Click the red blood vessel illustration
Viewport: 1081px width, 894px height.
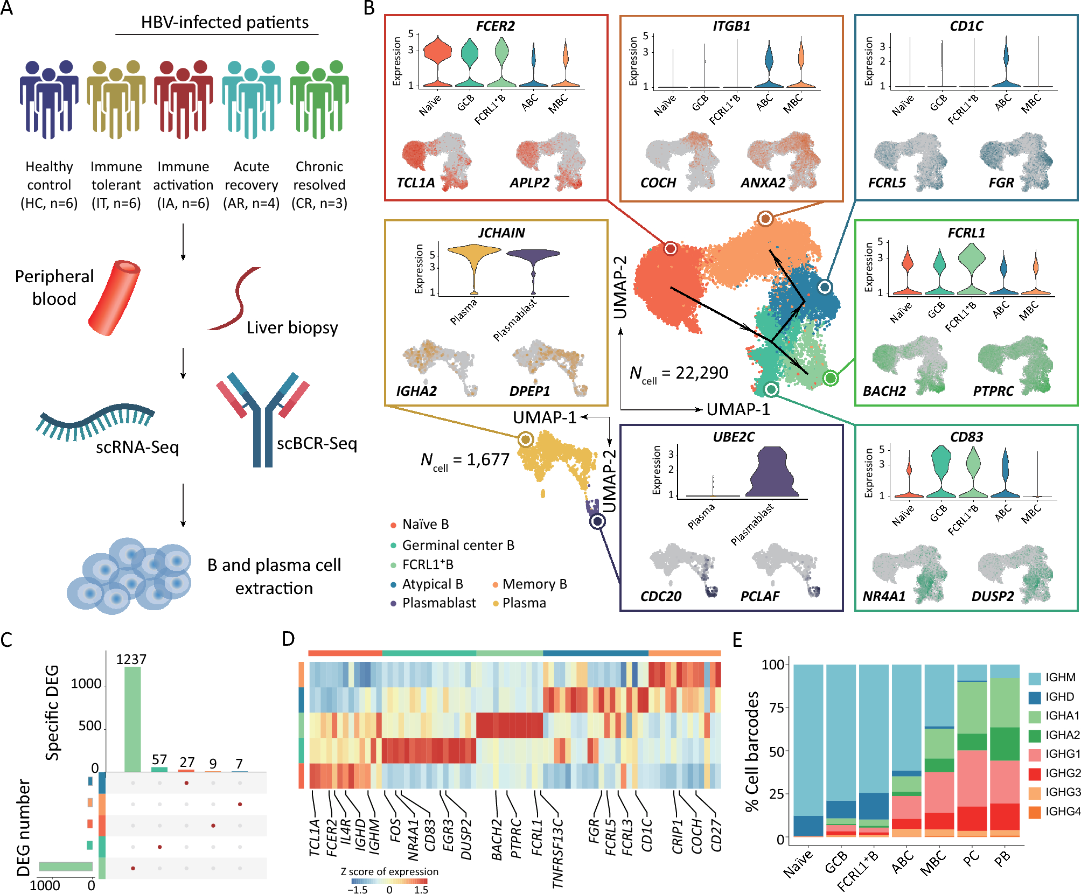[x=114, y=298]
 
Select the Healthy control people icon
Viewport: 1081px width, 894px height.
[x=49, y=100]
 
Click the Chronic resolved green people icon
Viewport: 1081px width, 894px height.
[x=319, y=100]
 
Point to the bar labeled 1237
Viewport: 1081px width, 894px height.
[x=132, y=718]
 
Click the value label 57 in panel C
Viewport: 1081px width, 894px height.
[x=159, y=759]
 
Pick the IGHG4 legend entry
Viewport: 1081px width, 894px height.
[x=1055, y=812]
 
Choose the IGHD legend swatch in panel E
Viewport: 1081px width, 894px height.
[x=1035, y=697]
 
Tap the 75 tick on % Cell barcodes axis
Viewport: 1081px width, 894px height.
[x=777, y=708]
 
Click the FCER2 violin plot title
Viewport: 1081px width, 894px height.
[x=495, y=26]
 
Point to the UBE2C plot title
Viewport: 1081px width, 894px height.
[x=734, y=437]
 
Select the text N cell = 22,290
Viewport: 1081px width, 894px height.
[x=679, y=373]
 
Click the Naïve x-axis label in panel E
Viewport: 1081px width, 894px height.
[x=798, y=864]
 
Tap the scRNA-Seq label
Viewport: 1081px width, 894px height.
[x=137, y=447]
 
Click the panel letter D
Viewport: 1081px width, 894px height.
[x=288, y=639]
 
